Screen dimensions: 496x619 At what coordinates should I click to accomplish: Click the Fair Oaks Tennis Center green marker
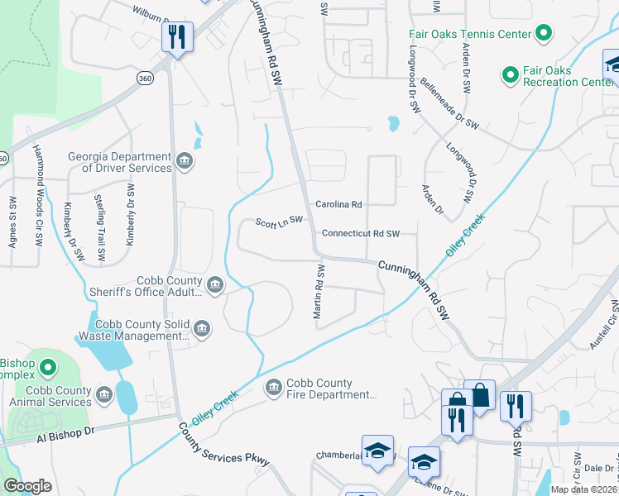[x=544, y=34]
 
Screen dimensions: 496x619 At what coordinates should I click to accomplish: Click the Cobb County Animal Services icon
[x=104, y=396]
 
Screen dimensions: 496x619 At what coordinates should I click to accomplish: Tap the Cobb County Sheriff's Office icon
[x=214, y=286]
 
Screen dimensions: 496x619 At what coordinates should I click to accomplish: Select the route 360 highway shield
[x=145, y=78]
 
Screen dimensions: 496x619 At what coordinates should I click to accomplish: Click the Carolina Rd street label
[x=338, y=204]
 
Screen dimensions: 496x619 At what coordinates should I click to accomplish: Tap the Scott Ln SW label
[x=279, y=222]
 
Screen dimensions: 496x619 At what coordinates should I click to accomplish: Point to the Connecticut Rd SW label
[x=361, y=234]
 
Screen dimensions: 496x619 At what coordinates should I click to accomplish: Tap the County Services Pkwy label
[x=224, y=445]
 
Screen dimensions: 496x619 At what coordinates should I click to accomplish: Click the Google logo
[x=27, y=485]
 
